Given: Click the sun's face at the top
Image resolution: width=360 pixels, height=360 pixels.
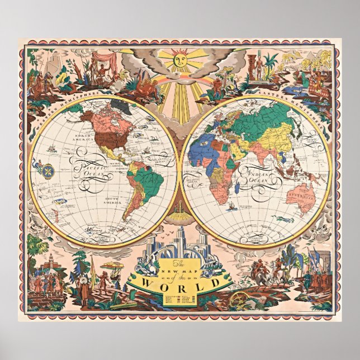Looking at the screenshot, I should (181, 59).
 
